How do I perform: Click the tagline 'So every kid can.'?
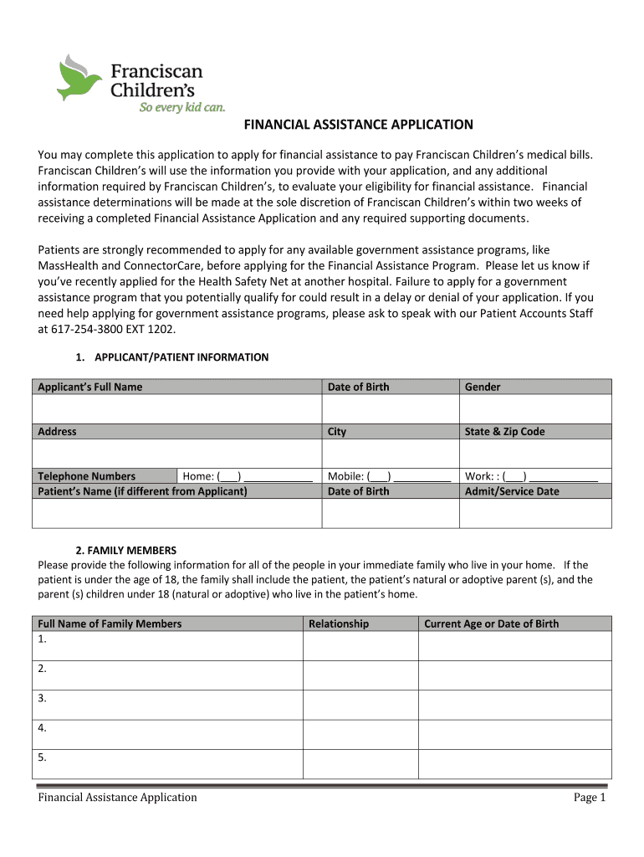(181, 107)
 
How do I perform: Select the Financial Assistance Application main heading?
(358, 125)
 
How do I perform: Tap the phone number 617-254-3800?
(85, 329)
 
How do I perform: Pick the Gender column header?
(483, 387)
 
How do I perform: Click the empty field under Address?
(176, 453)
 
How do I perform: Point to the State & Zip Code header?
(504, 432)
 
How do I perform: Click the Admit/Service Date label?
(512, 491)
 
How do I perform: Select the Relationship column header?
(339, 624)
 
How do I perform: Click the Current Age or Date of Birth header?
(491, 624)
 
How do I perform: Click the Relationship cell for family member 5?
(360, 763)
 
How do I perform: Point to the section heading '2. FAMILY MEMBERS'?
(125, 551)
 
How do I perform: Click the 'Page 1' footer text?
(589, 798)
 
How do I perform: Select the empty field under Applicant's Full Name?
(176, 408)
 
